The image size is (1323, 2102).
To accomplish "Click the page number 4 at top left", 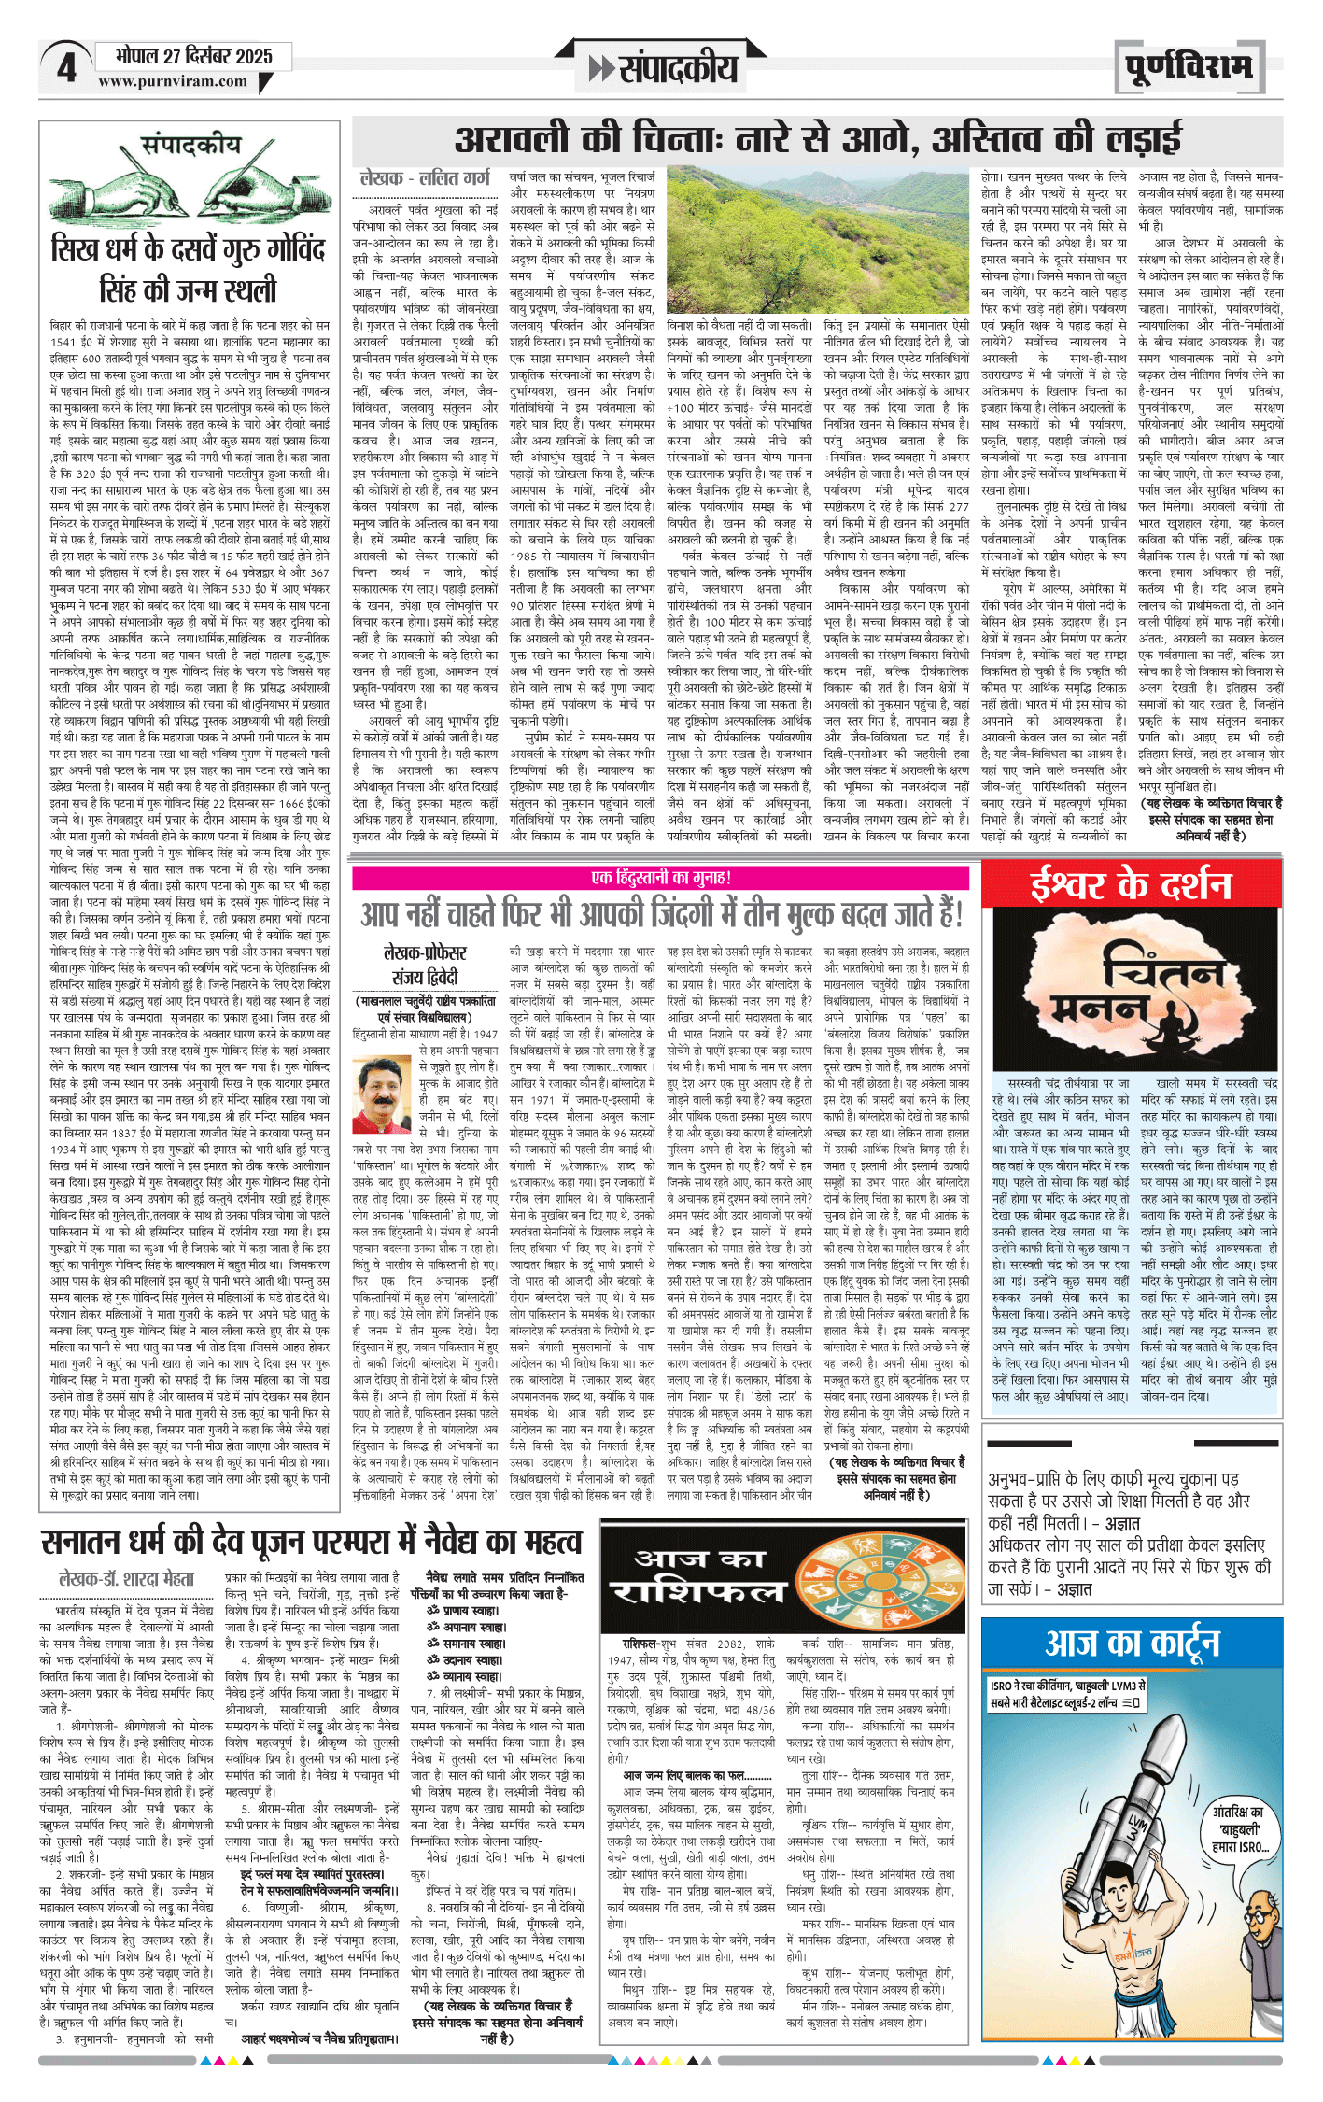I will point(65,68).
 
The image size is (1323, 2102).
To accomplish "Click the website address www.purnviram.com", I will point(173,82).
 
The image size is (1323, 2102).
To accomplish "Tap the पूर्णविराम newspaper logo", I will point(1189,67).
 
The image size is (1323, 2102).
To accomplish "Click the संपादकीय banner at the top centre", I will point(665,67).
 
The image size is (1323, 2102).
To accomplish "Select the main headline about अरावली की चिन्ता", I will point(818,140).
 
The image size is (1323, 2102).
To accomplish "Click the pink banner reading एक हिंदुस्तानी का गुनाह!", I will point(661,878).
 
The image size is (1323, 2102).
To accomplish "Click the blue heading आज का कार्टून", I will point(1132,1644).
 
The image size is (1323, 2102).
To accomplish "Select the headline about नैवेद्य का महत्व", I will point(312,1542).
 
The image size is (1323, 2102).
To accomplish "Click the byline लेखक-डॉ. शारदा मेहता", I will point(126,1579).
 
